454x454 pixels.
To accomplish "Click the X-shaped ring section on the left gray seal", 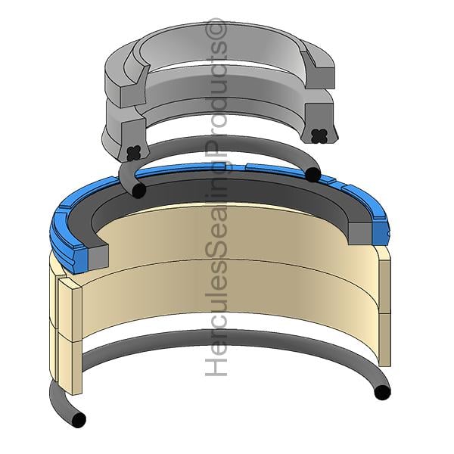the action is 134,153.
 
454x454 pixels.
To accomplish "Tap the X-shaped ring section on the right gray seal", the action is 319,135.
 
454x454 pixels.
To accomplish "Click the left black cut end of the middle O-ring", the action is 138,191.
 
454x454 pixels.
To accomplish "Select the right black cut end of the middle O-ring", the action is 313,175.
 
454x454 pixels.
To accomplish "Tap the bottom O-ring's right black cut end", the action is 382,392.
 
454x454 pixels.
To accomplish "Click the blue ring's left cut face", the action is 81,259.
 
